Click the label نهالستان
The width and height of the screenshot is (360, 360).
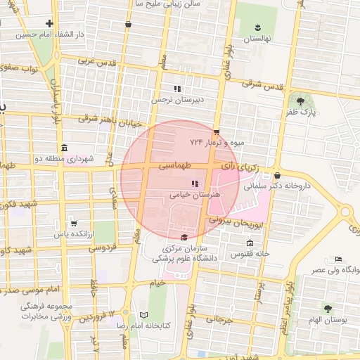[257, 39]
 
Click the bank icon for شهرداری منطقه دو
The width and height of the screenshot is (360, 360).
[64, 148]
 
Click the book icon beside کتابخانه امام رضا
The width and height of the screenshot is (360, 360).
[144, 315]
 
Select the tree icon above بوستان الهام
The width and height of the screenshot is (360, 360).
[328, 308]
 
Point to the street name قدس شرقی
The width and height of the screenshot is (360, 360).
[262, 84]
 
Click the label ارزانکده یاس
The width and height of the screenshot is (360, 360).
[73, 233]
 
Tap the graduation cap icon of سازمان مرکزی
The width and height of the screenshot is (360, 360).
[185, 238]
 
